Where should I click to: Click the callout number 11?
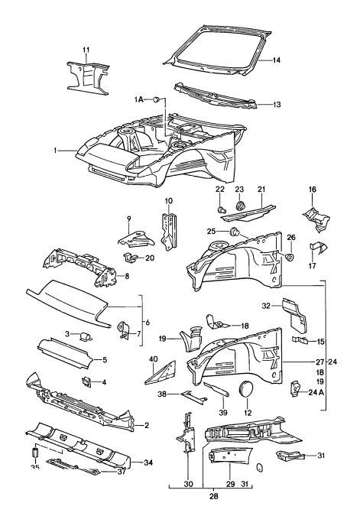[86, 50]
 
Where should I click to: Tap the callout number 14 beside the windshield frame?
[277, 59]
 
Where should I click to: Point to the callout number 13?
[277, 105]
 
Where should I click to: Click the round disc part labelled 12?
[247, 389]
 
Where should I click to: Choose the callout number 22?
[219, 190]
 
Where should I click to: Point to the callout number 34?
[149, 462]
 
